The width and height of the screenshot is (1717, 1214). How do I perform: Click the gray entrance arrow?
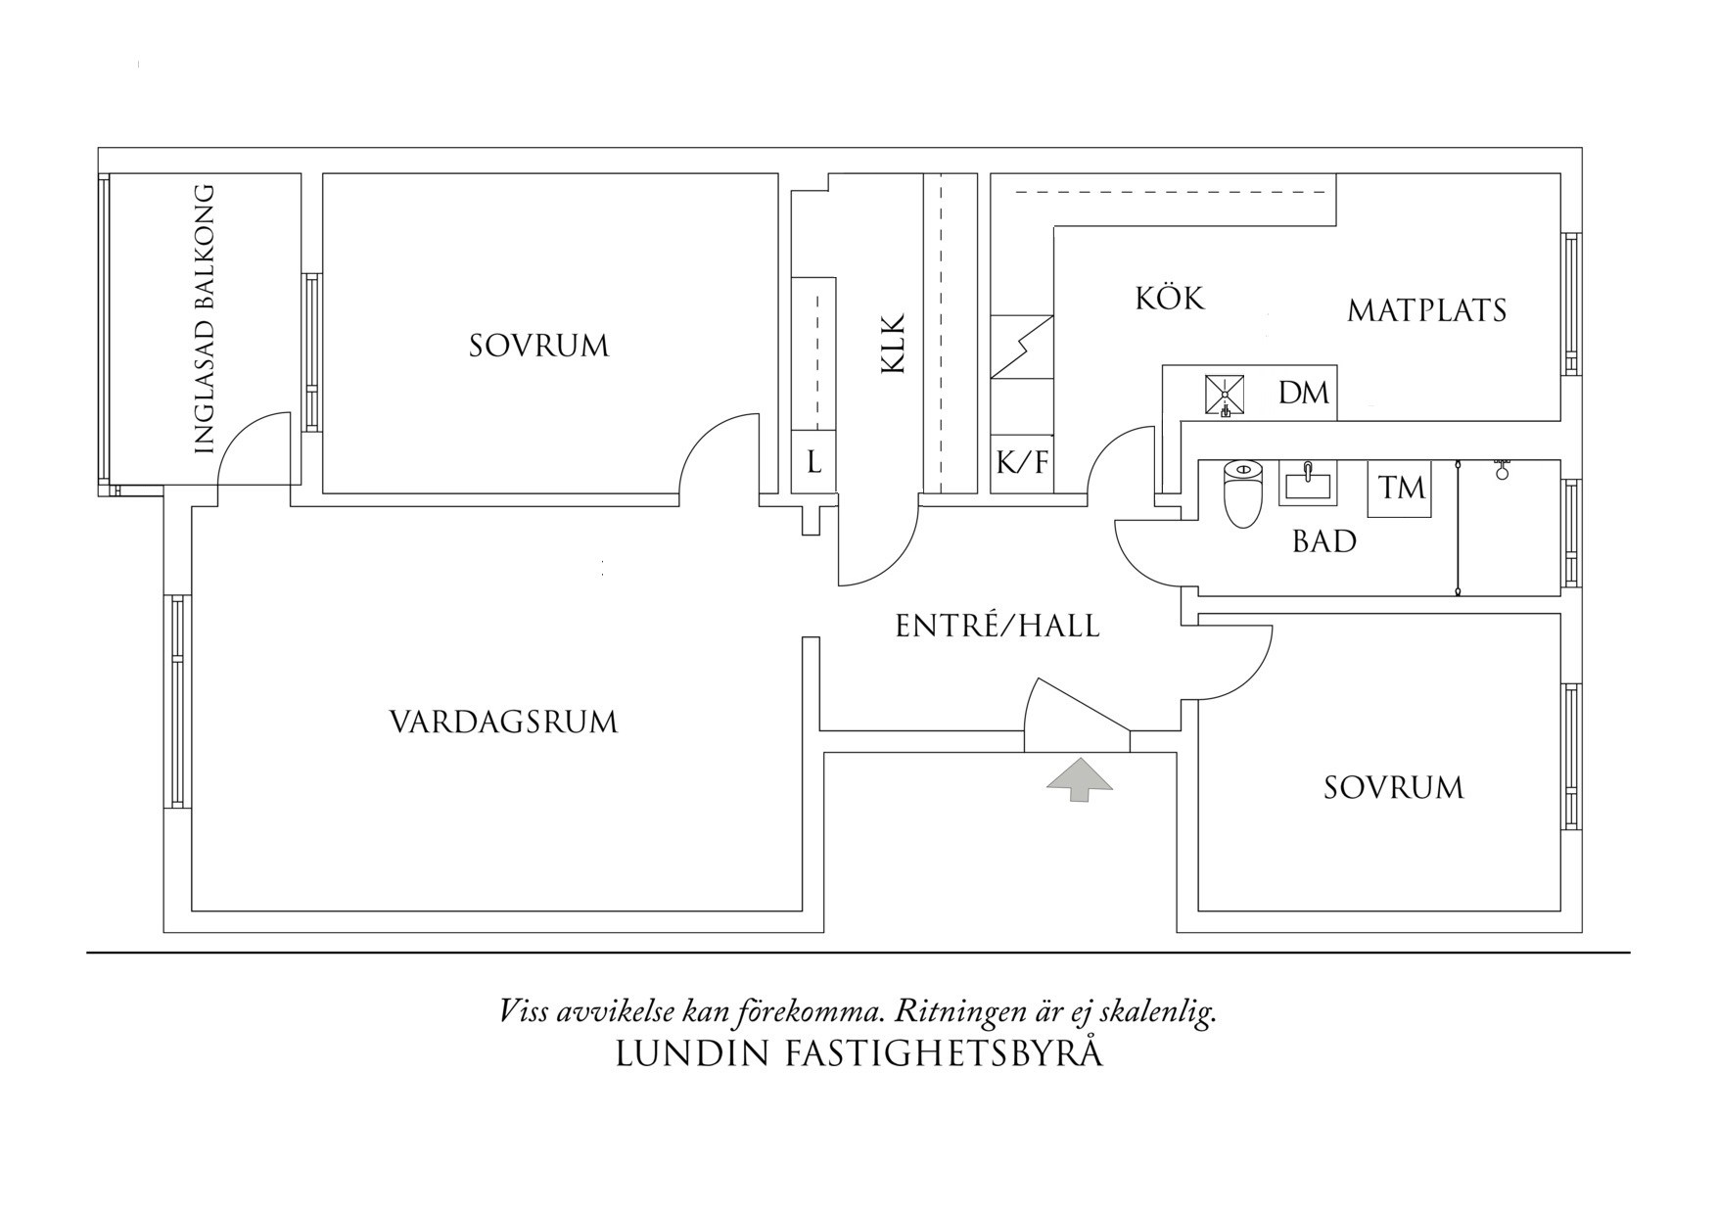(1080, 779)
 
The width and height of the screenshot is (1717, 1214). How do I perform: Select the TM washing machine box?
(1401, 488)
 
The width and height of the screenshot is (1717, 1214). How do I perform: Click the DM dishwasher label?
(1304, 394)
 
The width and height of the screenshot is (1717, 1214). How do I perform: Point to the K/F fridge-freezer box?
(1021, 463)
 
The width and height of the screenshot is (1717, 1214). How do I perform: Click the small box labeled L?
(813, 463)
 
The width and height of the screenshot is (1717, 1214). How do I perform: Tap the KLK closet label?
(893, 343)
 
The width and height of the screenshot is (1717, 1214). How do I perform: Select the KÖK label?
(1170, 298)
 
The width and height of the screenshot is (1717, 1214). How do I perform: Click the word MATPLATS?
(1426, 311)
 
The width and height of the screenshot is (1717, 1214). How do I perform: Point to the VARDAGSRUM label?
(503, 723)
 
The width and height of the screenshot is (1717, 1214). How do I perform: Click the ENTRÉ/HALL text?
(998, 627)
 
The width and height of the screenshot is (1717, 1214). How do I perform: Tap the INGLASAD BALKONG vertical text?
(204, 319)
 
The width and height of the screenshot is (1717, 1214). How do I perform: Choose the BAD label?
(1323, 541)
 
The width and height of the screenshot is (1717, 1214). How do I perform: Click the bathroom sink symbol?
(1307, 484)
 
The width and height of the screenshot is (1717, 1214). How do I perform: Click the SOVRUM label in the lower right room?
(1393, 788)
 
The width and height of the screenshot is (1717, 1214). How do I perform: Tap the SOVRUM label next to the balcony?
(538, 346)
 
